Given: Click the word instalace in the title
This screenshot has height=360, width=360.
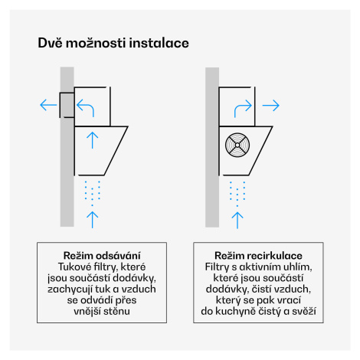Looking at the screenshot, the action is point(159,43).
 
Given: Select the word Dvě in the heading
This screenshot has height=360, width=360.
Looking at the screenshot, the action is point(50,43).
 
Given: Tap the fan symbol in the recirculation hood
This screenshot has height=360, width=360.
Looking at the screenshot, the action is point(237,145).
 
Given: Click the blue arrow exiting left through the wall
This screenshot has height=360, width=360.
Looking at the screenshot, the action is point(48,105).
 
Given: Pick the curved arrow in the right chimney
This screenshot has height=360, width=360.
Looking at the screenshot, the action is point(243,106).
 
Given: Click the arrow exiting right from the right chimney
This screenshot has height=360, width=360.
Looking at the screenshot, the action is point(271,105).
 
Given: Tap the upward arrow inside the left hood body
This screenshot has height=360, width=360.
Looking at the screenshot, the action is point(93,140).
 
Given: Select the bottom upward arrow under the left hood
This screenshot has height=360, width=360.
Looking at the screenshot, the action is point(93,220).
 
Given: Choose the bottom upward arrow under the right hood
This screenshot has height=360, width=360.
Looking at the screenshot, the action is point(237,220).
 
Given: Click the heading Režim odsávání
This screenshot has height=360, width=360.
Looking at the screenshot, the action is point(102,255).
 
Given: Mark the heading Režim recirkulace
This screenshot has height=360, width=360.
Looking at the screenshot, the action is point(258,255).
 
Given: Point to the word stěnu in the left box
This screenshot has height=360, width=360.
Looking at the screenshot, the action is point(116,311).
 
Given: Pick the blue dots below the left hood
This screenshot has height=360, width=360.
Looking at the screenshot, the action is point(93,193).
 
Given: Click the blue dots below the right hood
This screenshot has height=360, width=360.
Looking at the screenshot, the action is point(237,194).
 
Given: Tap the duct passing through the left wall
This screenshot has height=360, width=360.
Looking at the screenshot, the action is point(67,105).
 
